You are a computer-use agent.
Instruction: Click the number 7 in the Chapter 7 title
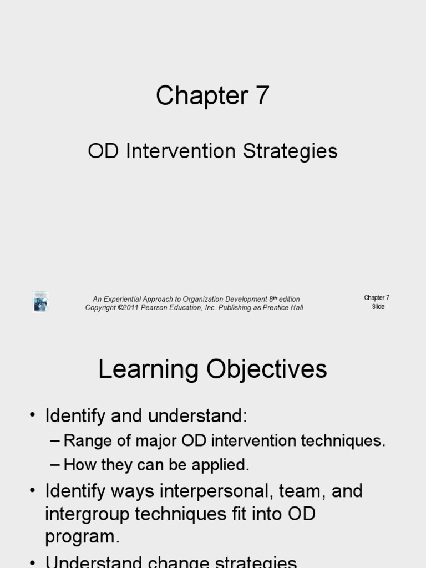tap(262, 95)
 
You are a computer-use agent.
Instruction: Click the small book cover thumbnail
tap(40, 302)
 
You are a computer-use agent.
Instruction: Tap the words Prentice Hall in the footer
tap(283, 307)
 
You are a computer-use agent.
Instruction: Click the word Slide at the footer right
tap(378, 307)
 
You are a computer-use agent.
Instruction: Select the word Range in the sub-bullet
tap(82, 441)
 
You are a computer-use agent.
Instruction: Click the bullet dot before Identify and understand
tap(34, 416)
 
